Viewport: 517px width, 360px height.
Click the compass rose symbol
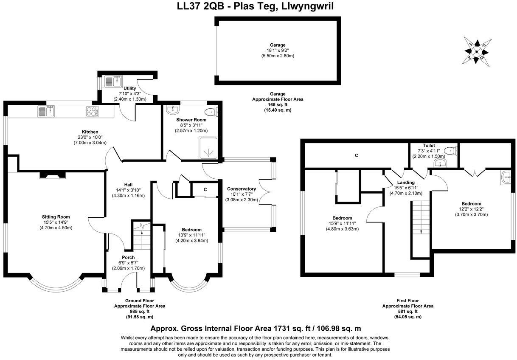coord(478,51)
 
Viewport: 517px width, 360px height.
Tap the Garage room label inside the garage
coord(278,45)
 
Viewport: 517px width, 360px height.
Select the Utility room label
coord(129,88)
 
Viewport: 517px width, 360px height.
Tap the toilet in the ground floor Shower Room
coord(211,112)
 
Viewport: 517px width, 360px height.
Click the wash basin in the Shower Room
coord(173,110)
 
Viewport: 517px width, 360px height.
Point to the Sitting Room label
coord(56,217)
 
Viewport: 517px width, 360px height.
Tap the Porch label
coord(128,258)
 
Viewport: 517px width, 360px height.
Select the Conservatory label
coord(242,189)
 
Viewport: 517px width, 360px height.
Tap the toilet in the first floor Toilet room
coord(451,150)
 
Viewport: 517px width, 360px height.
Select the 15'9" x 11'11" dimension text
coord(342,223)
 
